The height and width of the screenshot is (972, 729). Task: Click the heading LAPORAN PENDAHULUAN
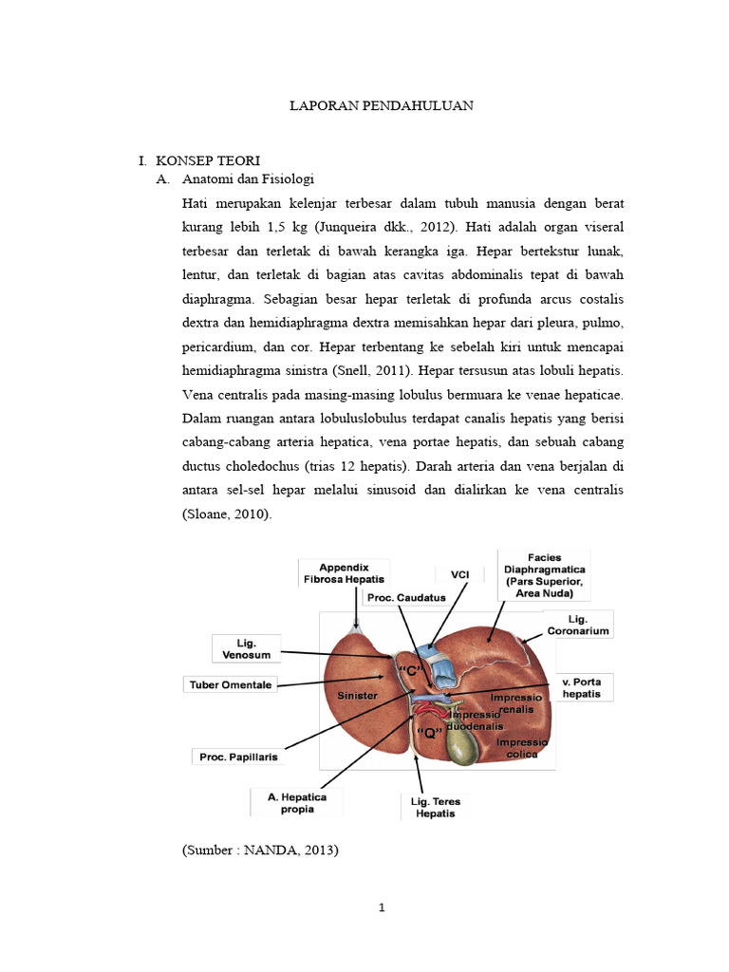click(381, 106)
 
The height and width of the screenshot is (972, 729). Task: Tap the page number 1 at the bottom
click(381, 907)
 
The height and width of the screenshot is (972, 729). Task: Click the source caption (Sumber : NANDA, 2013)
click(260, 850)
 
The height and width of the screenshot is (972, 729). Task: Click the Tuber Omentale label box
click(230, 684)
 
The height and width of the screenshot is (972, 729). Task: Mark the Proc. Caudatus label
click(405, 597)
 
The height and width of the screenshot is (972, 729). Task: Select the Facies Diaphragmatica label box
click(544, 574)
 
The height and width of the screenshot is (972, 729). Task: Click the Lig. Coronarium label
click(578, 624)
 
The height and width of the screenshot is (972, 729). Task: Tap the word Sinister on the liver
click(358, 696)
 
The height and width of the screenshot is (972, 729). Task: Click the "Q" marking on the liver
click(433, 732)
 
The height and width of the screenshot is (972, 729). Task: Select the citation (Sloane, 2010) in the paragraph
click(227, 514)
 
